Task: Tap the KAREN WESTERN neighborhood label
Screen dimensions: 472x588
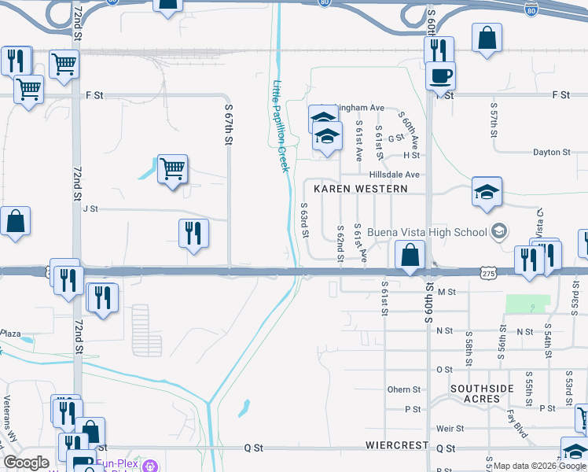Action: click(361, 189)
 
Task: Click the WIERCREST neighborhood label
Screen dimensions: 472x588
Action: click(396, 445)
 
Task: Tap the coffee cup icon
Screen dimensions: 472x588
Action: click(440, 76)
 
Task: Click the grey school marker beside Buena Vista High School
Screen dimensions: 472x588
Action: click(498, 231)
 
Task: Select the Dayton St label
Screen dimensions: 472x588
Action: click(551, 153)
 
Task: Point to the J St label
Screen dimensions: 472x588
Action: click(90, 209)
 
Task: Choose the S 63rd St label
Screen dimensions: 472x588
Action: click(305, 221)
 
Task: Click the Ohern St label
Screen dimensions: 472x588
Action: click(404, 389)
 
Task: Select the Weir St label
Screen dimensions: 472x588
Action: click(450, 429)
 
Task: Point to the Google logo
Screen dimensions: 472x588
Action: click(26, 463)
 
